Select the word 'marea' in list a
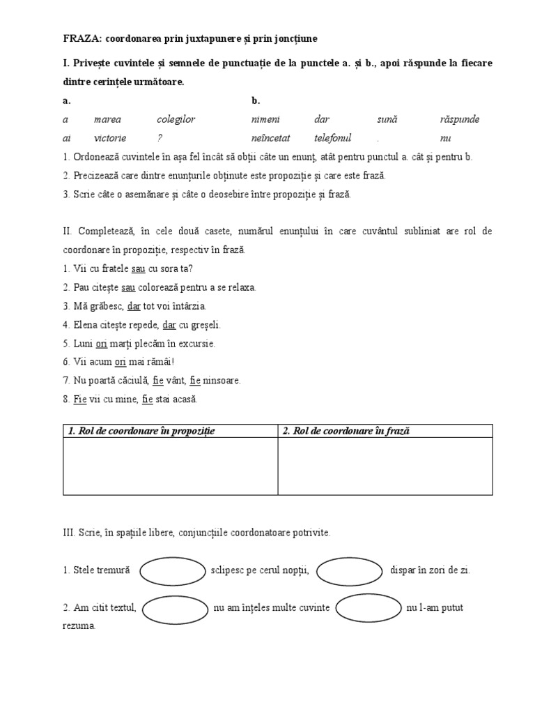coord(107,119)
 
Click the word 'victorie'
coord(109,138)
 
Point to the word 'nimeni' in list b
coord(265,119)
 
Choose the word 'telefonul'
coord(333,138)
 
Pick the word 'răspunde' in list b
coord(460,119)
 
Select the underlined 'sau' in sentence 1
coord(138,268)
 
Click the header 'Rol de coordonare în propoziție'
coord(142,431)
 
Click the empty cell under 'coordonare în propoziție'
coord(170,466)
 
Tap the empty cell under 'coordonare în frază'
coord(385,466)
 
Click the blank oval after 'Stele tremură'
coord(174,571)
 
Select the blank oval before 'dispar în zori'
coord(350,571)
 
